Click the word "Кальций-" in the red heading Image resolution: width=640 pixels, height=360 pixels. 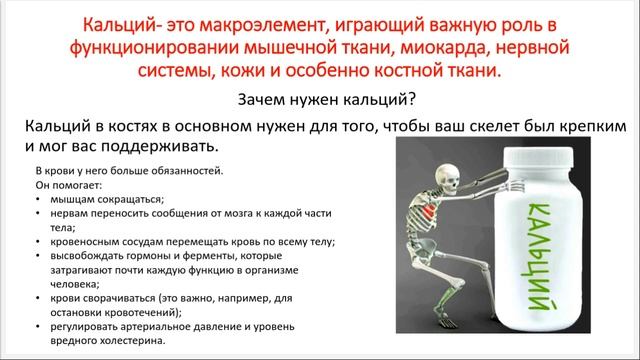pos(122,23)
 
